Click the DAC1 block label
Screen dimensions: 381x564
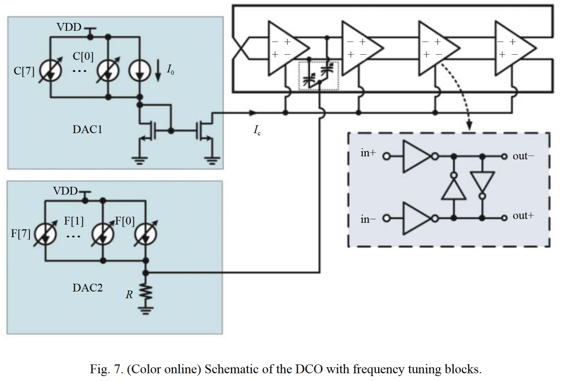point(87,130)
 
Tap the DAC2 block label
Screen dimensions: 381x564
point(88,288)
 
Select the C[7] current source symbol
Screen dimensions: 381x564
point(50,72)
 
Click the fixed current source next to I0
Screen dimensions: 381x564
point(140,72)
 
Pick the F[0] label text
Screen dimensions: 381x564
point(125,221)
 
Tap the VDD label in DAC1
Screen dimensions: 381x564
point(69,27)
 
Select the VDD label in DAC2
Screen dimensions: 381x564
point(65,191)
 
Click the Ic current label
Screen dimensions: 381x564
point(257,130)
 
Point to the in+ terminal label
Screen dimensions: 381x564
point(368,153)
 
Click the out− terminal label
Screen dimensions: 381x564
point(523,156)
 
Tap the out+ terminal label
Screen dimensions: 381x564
point(523,216)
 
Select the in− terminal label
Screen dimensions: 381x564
point(368,220)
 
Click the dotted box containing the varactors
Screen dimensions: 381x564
point(318,76)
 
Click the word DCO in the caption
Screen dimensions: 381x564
point(309,369)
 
